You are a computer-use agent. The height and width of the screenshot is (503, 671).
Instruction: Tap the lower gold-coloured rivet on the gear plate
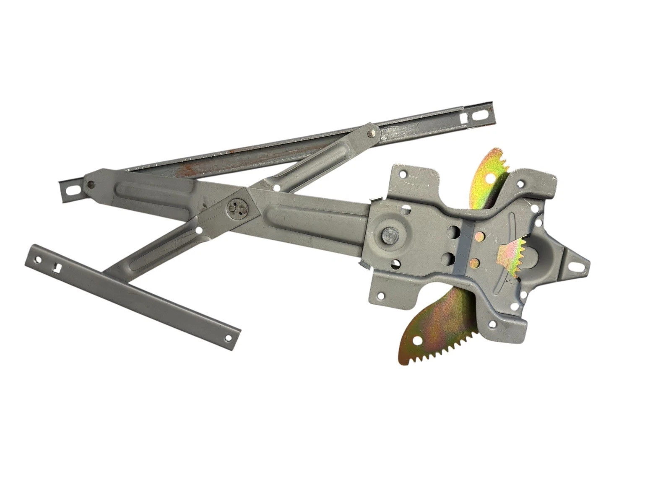(475, 263)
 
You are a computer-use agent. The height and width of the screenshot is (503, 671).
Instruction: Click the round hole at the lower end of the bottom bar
(228, 337)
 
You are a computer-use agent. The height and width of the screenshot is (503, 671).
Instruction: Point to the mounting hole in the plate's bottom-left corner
(380, 296)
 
